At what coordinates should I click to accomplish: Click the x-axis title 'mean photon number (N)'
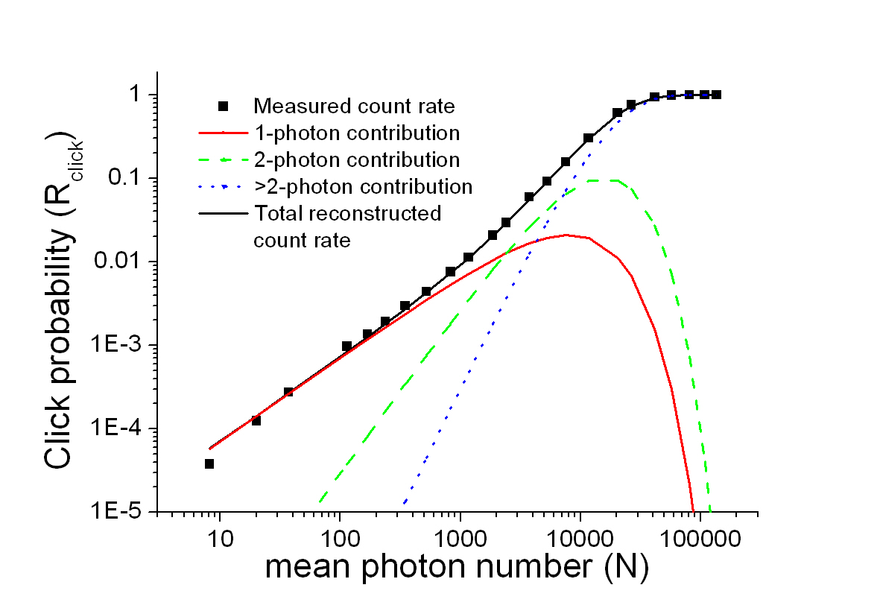(x=457, y=568)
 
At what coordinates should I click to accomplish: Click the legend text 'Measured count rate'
(x=354, y=107)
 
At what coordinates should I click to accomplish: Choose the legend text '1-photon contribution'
(x=357, y=133)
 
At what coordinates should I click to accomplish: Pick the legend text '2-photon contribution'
(x=357, y=159)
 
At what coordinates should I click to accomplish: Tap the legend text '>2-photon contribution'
(x=364, y=186)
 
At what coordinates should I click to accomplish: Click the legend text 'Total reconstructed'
(x=348, y=213)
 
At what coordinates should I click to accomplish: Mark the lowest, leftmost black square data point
(x=209, y=463)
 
